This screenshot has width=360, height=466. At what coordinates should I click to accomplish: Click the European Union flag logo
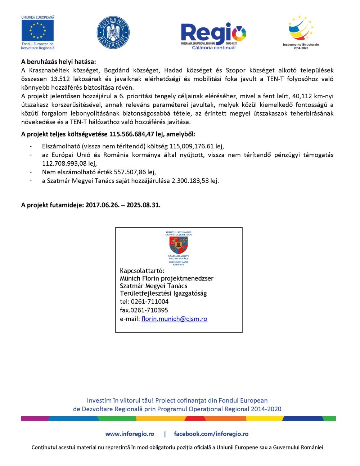tap(37, 31)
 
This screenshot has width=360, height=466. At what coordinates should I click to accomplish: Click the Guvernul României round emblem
tap(113, 33)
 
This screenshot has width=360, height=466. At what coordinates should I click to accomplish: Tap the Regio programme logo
tap(213, 35)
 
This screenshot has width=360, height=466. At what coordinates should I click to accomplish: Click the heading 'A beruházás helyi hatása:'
tap(58, 62)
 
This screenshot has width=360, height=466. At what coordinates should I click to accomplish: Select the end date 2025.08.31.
tap(143, 205)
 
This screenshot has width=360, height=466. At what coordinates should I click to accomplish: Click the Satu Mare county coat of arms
tap(179, 245)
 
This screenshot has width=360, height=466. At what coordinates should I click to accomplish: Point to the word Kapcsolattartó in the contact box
tap(142, 271)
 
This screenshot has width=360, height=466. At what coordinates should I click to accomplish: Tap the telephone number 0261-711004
tap(149, 301)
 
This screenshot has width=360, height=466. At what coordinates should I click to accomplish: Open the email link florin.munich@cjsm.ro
tap(174, 319)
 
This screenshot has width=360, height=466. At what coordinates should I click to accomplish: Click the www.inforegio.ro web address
tap(130, 434)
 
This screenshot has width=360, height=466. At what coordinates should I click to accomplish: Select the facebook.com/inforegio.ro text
tap(211, 434)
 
